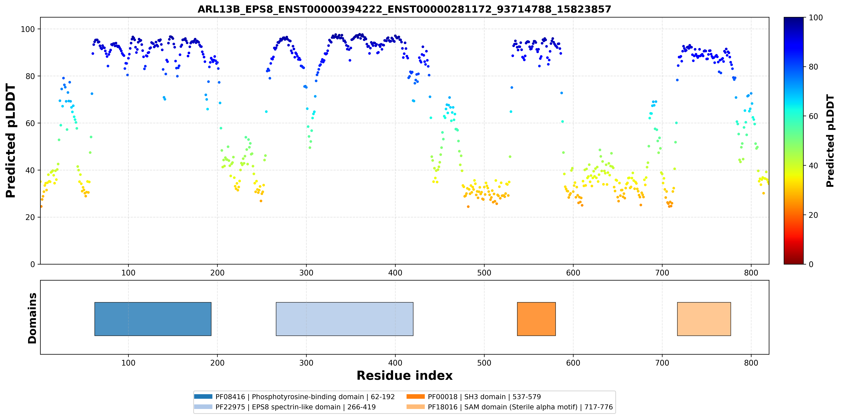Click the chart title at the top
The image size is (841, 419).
point(404,9)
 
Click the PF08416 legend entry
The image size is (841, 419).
point(294,397)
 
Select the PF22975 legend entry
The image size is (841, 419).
point(285,407)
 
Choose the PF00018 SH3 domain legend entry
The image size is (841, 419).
point(474,397)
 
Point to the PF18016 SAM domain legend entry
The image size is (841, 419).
point(510,407)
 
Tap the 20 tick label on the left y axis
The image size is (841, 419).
point(30,217)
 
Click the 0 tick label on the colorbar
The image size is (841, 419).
point(811,264)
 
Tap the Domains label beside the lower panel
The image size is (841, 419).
point(32,318)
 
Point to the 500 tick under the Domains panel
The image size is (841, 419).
point(484,363)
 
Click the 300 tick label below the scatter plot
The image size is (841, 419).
point(306,273)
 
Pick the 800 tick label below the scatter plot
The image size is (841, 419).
point(751,273)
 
